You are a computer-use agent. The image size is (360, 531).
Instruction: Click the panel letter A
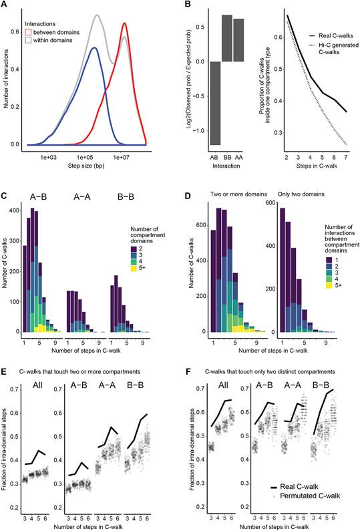5,5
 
